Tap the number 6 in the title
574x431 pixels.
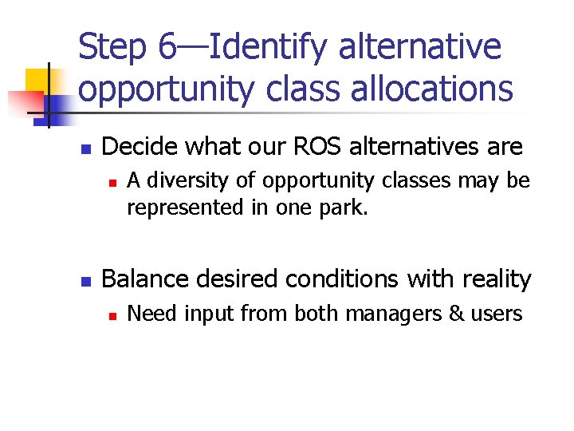coord(167,48)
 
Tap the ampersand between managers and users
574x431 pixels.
coord(457,314)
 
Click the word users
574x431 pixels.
coord(497,314)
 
